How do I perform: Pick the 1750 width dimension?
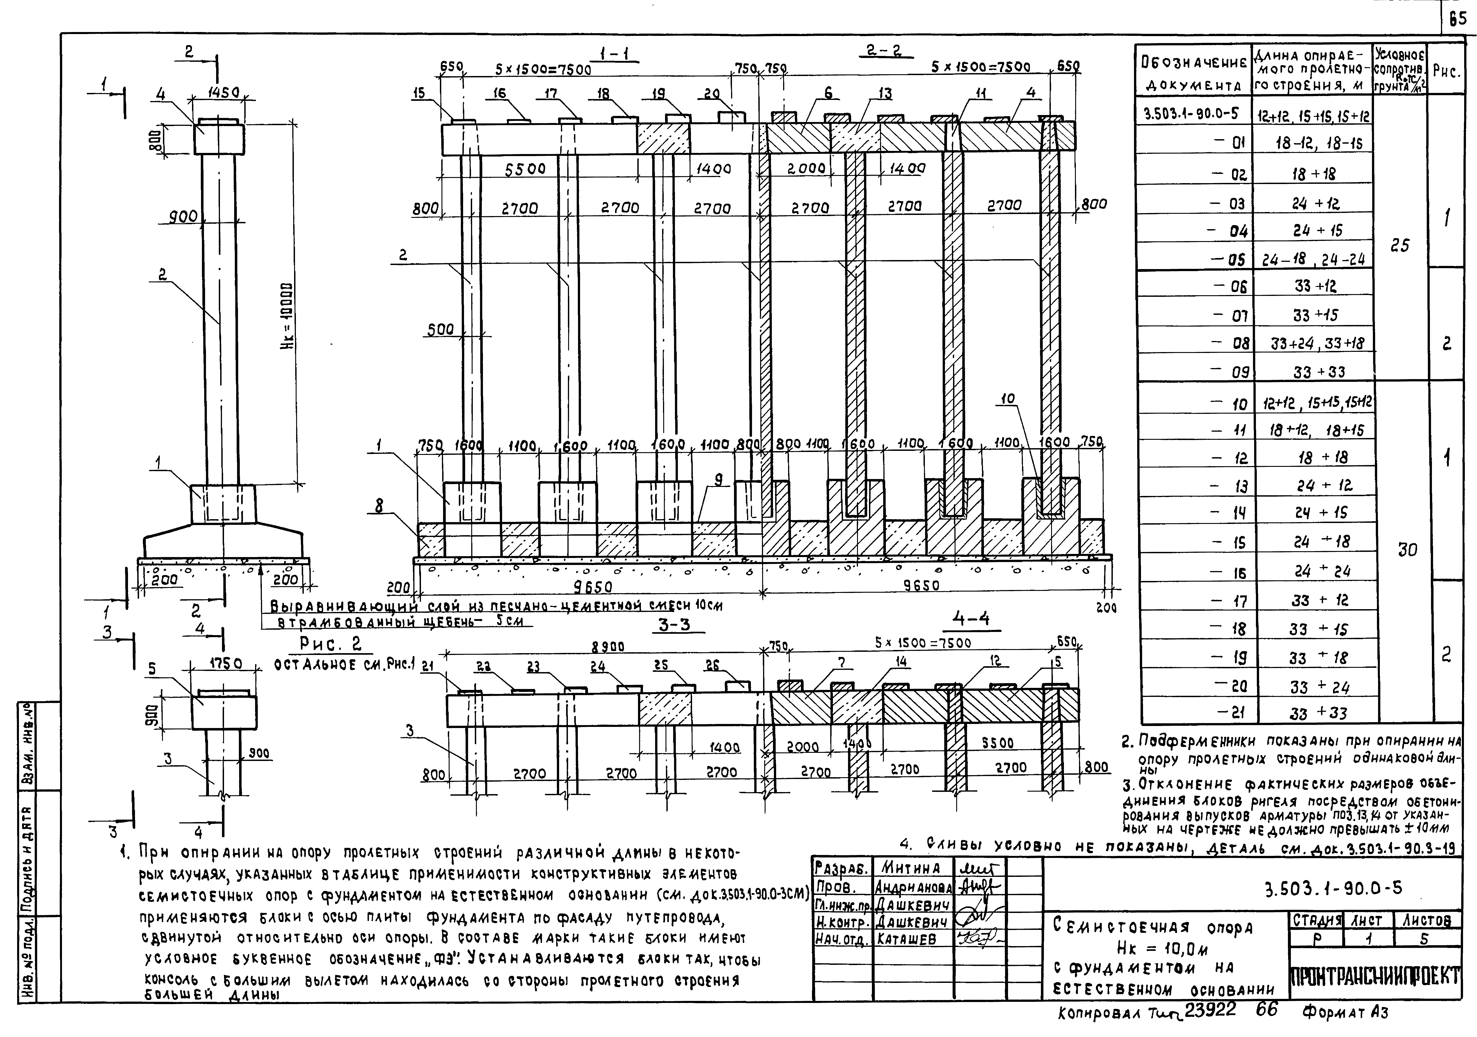pos(224,664)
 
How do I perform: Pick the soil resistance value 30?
pos(1407,550)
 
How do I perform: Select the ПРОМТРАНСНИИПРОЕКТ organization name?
pos(1375,977)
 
